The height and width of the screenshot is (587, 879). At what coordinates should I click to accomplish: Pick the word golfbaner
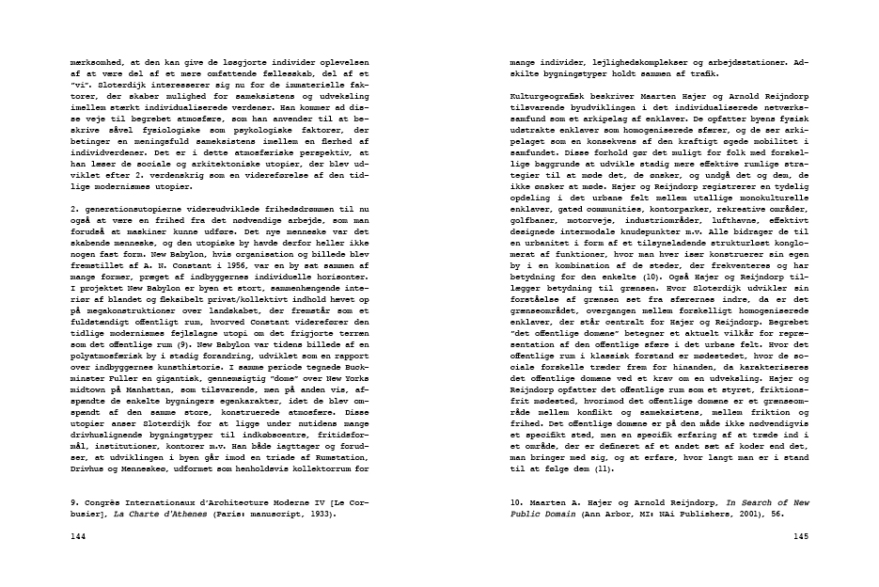tap(533, 244)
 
